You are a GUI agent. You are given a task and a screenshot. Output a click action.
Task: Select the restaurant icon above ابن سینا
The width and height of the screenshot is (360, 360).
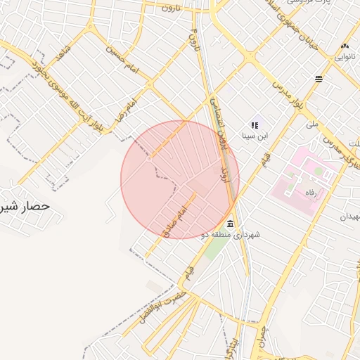255,124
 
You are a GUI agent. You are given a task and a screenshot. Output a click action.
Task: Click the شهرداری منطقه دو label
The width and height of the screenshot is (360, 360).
230,234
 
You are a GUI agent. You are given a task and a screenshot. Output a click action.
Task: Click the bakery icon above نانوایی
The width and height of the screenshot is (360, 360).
345,45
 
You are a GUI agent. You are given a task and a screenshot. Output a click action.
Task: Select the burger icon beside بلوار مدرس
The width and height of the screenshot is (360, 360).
319,79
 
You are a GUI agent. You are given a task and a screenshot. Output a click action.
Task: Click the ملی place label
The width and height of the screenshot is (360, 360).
311,123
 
